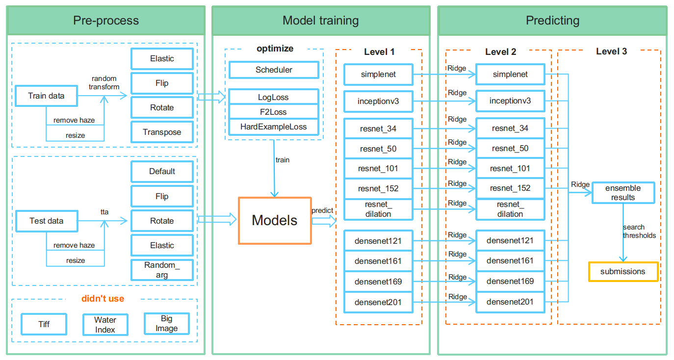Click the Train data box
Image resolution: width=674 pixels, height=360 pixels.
[x=46, y=96]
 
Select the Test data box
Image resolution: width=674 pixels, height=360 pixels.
[x=47, y=221]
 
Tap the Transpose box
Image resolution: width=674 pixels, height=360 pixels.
[x=162, y=132]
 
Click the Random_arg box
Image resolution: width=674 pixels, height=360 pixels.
[x=162, y=270]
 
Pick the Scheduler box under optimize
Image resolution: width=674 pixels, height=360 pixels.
[x=274, y=70]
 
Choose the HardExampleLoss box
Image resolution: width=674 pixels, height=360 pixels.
[x=274, y=127]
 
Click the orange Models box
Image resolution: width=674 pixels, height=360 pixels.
[x=275, y=220]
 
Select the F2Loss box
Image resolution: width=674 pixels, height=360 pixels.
[x=274, y=112]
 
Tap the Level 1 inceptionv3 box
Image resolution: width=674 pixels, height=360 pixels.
[x=378, y=102]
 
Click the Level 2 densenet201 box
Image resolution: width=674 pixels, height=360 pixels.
[x=510, y=302]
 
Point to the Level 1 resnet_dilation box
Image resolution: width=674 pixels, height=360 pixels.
[x=378, y=209]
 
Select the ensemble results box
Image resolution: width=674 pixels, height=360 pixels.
[x=623, y=193]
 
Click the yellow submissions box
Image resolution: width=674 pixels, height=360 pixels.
[x=623, y=272]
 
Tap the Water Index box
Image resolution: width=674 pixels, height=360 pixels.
[x=105, y=325]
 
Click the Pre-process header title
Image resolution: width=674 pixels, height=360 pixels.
[x=106, y=21]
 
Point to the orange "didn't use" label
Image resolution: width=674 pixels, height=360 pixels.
[x=103, y=299]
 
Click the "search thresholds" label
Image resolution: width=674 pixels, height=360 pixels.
[x=639, y=231]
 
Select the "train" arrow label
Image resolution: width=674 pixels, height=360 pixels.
[x=283, y=160]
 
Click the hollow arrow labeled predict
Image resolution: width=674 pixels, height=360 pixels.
[x=324, y=221]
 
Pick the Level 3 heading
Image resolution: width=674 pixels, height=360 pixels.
[x=611, y=51]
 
